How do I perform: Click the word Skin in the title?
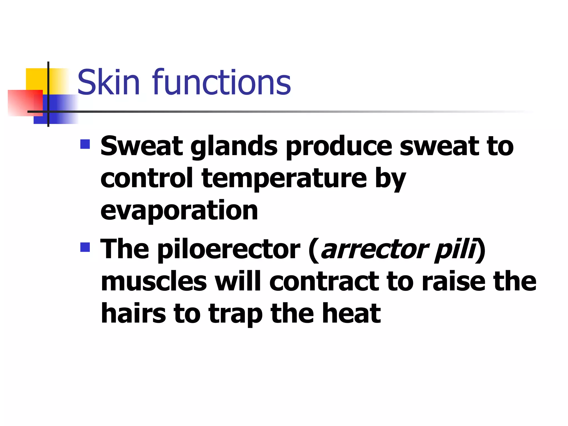pos(108,82)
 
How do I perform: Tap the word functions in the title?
pos(222,82)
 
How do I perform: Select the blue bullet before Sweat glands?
pos(85,144)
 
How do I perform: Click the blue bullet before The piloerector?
pos(85,247)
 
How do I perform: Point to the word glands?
pos(234,147)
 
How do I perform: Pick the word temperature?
pos(284,179)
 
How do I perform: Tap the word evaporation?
pos(179,211)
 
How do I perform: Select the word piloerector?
pos(229,249)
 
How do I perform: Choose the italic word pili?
pos(455,249)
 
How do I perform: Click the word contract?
pos(324,282)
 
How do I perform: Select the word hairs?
pos(133,314)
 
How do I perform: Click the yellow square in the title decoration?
pos(36,79)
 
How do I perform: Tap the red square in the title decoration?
pos(25,103)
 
